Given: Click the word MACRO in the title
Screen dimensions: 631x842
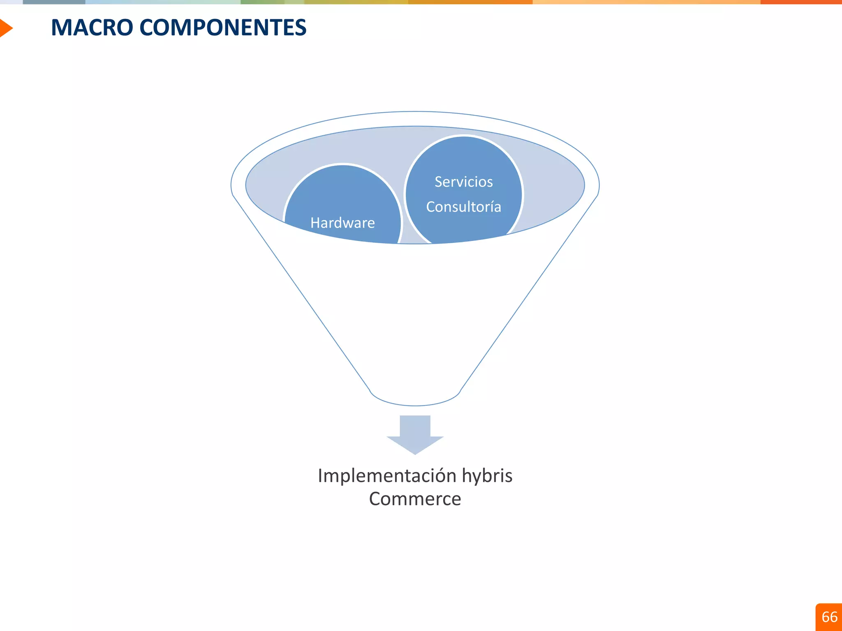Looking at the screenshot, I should click(x=92, y=28).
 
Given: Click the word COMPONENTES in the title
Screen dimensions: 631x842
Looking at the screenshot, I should click(x=223, y=28).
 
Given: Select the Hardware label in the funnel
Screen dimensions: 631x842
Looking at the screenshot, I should click(x=342, y=223).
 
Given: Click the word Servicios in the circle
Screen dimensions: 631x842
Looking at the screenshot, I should click(x=463, y=182).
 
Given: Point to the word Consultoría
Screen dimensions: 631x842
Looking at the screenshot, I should click(x=463, y=207).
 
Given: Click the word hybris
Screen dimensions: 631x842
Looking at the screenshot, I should click(x=487, y=476).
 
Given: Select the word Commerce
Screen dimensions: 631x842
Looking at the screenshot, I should click(x=415, y=499).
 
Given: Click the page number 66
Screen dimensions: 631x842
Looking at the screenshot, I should click(x=829, y=617).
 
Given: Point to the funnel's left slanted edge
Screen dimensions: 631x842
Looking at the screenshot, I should click(x=301, y=292).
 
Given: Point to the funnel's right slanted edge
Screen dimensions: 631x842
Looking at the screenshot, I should click(x=529, y=292).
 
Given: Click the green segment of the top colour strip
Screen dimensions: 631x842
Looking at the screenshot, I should click(x=263, y=2).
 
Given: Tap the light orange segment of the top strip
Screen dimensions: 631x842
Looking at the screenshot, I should click(x=645, y=2).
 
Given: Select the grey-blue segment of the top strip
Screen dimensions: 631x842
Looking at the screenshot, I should click(x=53, y=2).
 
